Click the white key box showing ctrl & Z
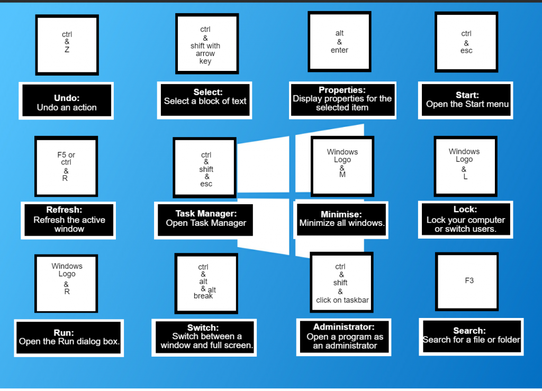pyautogui.click(x=67, y=44)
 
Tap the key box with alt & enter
pyautogui.click(x=339, y=42)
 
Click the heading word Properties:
pyautogui.click(x=342, y=90)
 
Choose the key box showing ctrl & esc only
pyautogui.click(x=466, y=42)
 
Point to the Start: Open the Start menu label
pyautogui.click(x=467, y=99)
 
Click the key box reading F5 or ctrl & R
pyautogui.click(x=66, y=166)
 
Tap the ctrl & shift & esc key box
pyautogui.click(x=205, y=168)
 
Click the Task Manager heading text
pyautogui.click(x=206, y=214)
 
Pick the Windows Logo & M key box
pyautogui.click(x=342, y=166)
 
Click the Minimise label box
pyautogui.click(x=342, y=219)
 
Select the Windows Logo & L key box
pyautogui.click(x=465, y=166)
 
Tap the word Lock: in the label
pyautogui.click(x=465, y=210)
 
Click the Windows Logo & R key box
pyautogui.click(x=67, y=283)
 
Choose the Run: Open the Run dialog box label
pyautogui.click(x=69, y=338)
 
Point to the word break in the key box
pyautogui.click(x=203, y=296)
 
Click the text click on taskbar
pyautogui.click(x=342, y=300)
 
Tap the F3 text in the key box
pyautogui.click(x=469, y=280)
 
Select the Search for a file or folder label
pyautogui.click(x=471, y=336)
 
